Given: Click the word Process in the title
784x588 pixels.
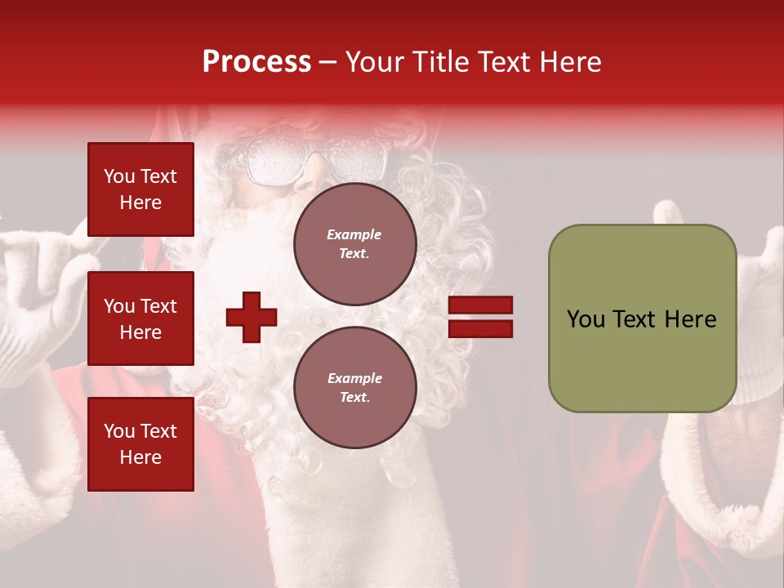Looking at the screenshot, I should [256, 62].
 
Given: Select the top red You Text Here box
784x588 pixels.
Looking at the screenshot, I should [140, 189].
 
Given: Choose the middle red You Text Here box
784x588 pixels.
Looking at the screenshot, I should [140, 318].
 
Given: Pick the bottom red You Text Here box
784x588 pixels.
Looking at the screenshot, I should [140, 444].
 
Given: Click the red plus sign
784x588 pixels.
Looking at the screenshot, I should [252, 317].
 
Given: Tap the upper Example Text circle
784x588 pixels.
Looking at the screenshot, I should [354, 244].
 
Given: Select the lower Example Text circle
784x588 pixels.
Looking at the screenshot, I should [354, 387].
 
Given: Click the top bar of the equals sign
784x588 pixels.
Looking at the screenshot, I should [480, 305].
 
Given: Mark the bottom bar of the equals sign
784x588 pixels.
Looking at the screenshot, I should [480, 328].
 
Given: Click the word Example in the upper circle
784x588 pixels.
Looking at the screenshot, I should [354, 234].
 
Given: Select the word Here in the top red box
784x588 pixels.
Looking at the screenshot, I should [140, 203].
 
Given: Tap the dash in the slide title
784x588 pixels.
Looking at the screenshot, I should [328, 63].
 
